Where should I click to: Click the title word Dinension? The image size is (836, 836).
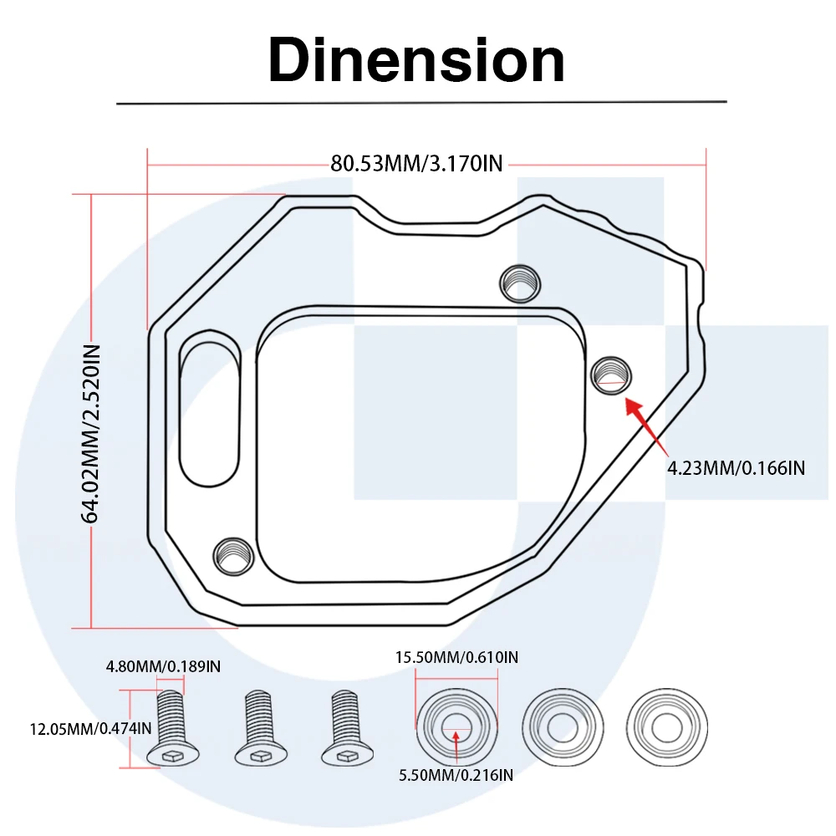tap(416, 60)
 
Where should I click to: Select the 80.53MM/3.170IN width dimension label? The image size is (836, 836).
tap(416, 163)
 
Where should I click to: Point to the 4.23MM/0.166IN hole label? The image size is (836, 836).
tap(736, 468)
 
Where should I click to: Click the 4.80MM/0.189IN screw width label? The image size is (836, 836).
tap(163, 666)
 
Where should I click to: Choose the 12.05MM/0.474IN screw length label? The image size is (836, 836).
tap(79, 728)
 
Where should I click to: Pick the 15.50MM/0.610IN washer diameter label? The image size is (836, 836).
tap(456, 658)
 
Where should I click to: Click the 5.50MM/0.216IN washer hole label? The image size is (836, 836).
tap(456, 775)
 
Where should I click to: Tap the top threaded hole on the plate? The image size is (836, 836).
tap(517, 283)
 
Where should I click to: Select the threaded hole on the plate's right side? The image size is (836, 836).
tap(610, 374)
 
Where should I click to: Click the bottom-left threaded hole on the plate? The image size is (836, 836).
tap(233, 556)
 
